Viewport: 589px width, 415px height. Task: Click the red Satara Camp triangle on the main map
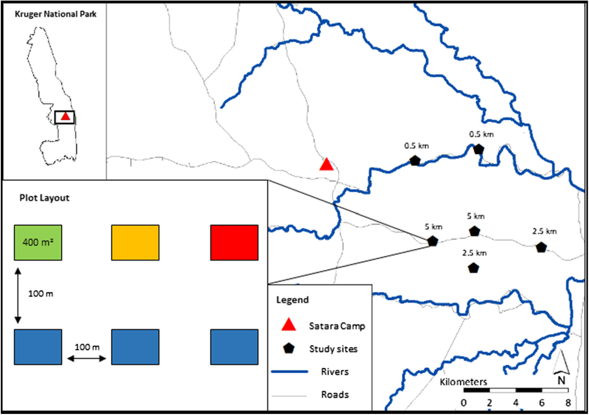tap(326, 165)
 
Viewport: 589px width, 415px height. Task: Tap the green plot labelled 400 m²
tap(38, 242)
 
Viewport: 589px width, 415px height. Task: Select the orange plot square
tap(135, 242)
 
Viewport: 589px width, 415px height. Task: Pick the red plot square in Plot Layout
tap(234, 242)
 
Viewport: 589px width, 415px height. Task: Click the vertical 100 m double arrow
tap(18, 295)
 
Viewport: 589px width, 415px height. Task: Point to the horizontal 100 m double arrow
tap(87, 359)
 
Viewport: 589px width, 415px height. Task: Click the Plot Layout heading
tap(44, 198)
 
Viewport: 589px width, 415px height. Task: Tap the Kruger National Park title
tap(55, 14)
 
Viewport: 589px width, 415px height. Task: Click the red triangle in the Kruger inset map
tap(65, 116)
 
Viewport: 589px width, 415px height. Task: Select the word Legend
tap(293, 300)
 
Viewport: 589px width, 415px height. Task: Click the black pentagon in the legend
tap(289, 348)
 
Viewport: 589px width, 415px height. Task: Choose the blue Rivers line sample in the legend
tap(289, 372)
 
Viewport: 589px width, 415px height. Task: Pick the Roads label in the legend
tap(335, 395)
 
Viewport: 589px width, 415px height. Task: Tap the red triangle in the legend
tap(289, 325)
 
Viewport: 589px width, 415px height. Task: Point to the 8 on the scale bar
tap(568, 403)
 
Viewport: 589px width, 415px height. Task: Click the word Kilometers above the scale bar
tap(463, 382)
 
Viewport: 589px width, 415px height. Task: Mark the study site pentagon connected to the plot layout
tap(433, 241)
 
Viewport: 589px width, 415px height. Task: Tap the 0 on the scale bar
tap(464, 403)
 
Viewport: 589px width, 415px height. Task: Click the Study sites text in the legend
tap(333, 349)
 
